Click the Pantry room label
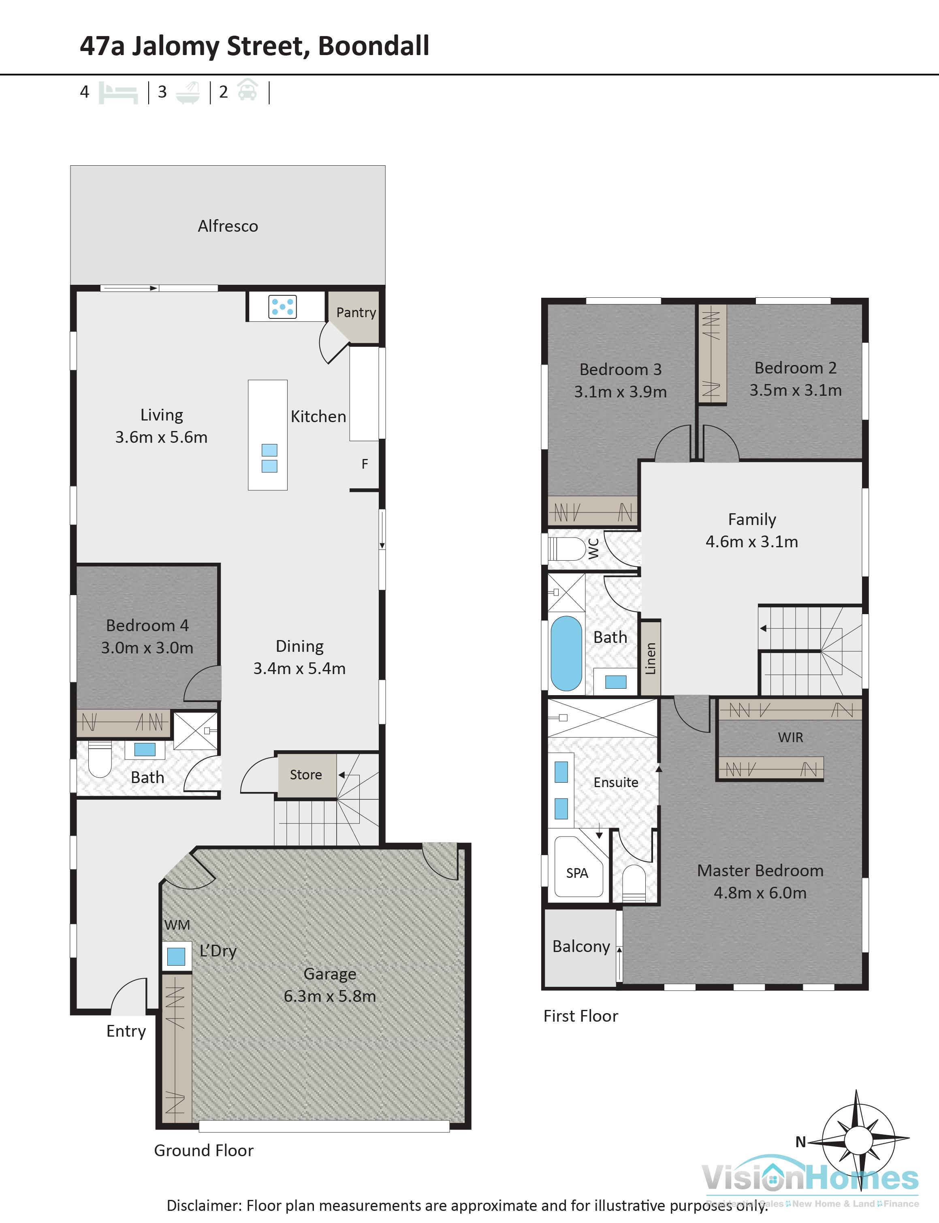coord(356,312)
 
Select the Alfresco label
coord(228,226)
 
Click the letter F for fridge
coord(365,463)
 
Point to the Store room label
coord(306,774)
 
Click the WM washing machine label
coord(177,924)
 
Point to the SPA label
coord(577,873)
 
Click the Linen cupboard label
coord(650,658)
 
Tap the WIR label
coord(790,737)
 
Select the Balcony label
coord(581,946)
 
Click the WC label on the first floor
coord(593,549)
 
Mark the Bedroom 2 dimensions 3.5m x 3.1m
coord(795,390)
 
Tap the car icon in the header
coord(247,91)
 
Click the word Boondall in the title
coord(373,46)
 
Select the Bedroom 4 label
coord(147,625)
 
